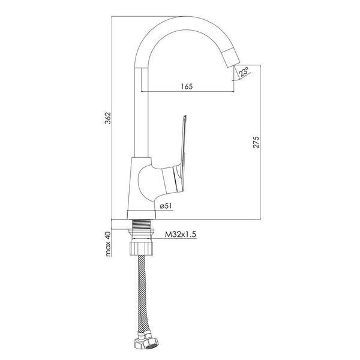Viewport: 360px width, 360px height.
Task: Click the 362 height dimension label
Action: point(107,118)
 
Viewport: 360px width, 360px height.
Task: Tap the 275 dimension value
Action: point(256,142)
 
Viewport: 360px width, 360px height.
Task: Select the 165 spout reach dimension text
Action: point(187,86)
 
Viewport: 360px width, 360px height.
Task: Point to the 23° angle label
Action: point(244,71)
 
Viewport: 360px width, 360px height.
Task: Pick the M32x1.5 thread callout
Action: point(181,235)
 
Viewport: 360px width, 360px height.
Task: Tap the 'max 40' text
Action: point(107,244)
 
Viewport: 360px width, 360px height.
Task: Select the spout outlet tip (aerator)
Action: point(231,58)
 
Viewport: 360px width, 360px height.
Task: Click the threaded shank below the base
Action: point(142,224)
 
